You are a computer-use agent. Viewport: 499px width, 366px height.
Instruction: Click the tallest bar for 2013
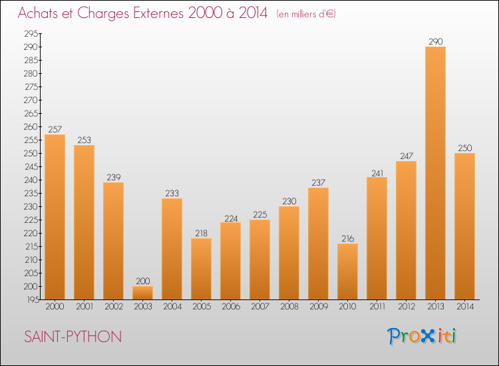tap(435, 173)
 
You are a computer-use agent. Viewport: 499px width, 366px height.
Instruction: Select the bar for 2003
tap(142, 293)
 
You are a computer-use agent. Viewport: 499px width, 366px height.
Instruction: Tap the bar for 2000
tap(55, 217)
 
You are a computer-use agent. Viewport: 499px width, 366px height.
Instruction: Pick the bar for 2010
tap(347, 272)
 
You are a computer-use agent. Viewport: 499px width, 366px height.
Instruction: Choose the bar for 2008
tap(289, 253)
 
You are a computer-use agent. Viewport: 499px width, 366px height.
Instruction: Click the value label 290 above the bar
tap(435, 41)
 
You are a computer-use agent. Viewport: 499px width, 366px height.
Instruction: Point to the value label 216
tap(347, 238)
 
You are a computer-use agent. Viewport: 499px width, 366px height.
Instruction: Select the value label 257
tap(55, 129)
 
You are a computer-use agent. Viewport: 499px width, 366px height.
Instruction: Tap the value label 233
tap(172, 193)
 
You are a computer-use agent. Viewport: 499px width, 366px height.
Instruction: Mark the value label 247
tap(406, 156)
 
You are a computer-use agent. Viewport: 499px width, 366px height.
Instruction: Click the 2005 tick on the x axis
tap(201, 307)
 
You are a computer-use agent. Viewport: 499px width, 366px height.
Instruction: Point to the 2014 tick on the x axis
tap(464, 307)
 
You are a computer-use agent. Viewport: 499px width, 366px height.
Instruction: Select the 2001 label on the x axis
tap(84, 307)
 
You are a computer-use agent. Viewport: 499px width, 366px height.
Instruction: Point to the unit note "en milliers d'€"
tap(307, 14)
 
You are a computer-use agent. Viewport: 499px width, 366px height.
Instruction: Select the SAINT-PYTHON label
tap(73, 337)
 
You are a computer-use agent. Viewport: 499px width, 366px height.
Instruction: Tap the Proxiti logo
tap(422, 336)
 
